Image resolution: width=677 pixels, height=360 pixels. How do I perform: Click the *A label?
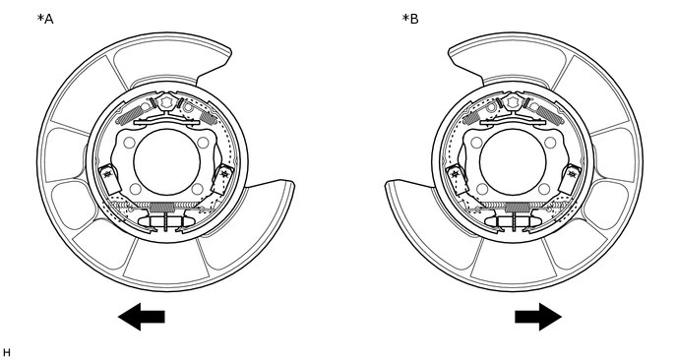click(x=45, y=19)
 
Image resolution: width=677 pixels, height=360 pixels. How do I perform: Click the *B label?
click(x=410, y=19)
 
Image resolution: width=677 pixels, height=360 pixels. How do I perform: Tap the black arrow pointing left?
click(x=141, y=317)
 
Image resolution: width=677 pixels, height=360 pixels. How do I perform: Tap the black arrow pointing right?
click(x=538, y=317)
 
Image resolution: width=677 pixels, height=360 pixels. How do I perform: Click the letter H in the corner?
click(x=7, y=353)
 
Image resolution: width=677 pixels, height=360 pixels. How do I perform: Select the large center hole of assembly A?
click(x=167, y=162)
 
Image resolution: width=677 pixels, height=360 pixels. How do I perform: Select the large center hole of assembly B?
click(x=513, y=162)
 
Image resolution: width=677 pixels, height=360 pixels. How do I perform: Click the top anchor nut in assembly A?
click(x=166, y=102)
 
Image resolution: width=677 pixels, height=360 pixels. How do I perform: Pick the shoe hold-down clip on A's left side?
click(x=109, y=178)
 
